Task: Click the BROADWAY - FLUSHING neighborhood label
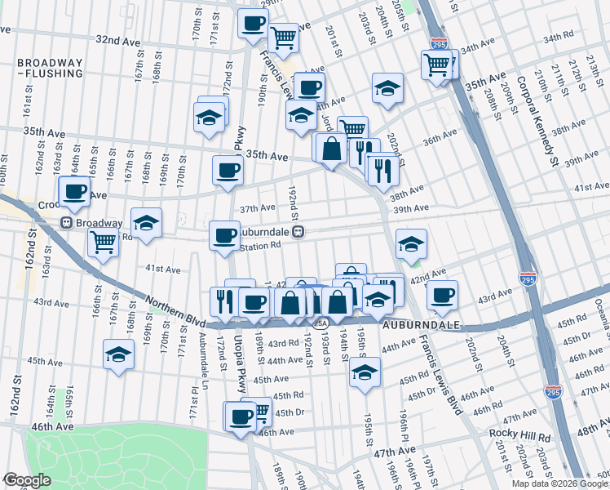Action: coord(50,68)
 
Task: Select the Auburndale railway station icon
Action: coord(299,231)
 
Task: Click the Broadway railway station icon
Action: coord(64,223)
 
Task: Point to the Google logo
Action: coord(27,480)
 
